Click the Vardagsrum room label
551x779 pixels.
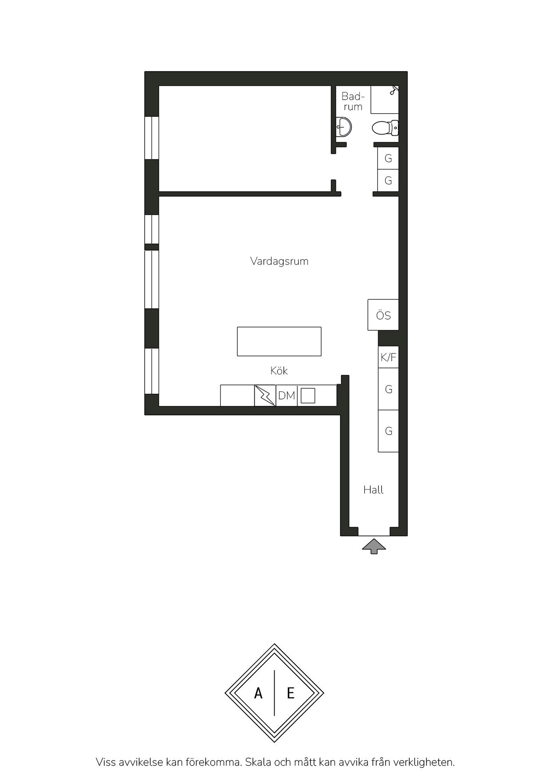pos(279,261)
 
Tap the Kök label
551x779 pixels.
pos(279,370)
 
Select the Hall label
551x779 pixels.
pos(373,489)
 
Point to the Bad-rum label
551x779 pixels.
pos(352,101)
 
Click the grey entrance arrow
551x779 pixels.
pos(374,546)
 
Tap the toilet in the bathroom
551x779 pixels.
pos(385,128)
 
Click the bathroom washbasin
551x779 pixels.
pos(344,127)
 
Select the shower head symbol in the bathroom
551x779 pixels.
pos(394,90)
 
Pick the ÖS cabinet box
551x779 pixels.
pos(383,315)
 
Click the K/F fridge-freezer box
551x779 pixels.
pos(388,357)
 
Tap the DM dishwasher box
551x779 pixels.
pos(287,395)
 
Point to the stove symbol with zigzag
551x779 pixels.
pos(265,395)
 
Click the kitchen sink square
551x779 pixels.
pos(307,395)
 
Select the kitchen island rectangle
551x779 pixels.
pos(279,342)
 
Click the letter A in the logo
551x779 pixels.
pos(258,693)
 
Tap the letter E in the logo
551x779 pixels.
pos(291,693)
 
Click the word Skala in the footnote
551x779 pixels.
pos(258,762)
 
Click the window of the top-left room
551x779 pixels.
pos(152,138)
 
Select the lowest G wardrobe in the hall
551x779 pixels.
pos(388,431)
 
